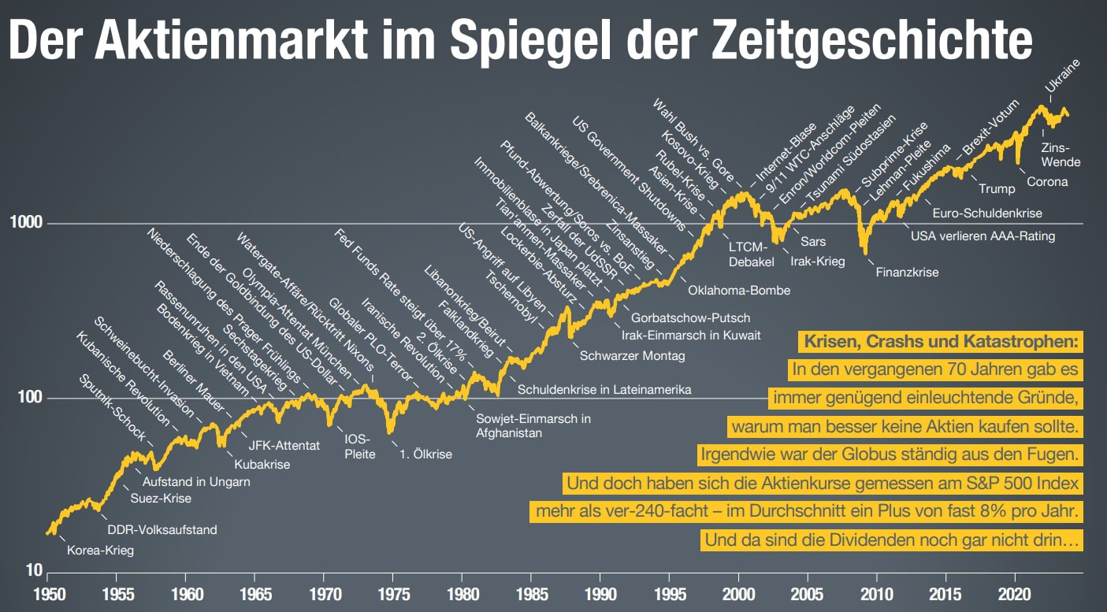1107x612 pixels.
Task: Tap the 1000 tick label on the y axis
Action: [26, 224]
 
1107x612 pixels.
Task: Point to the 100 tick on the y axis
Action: [30, 399]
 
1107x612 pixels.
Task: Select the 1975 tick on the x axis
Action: [393, 592]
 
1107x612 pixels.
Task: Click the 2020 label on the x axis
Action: [1015, 592]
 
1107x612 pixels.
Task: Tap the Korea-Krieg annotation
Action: [99, 551]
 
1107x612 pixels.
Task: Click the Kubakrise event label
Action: [262, 464]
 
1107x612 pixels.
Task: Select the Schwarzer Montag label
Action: [632, 355]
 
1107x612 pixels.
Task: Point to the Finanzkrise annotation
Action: [907, 273]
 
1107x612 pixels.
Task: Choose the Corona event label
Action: [1047, 182]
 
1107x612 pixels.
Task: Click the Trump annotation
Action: [997, 188]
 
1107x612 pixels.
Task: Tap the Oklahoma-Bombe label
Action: [738, 290]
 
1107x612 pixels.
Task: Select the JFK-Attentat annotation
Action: [284, 446]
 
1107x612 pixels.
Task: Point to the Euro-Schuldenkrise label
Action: [986, 213]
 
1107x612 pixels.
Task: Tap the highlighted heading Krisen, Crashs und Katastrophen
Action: [940, 342]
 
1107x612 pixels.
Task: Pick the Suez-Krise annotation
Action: [161, 498]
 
